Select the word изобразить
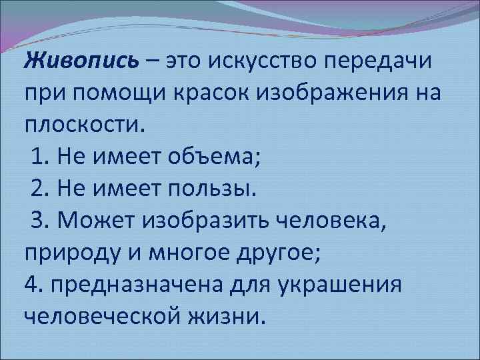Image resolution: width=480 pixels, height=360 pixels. pos(213,220)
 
